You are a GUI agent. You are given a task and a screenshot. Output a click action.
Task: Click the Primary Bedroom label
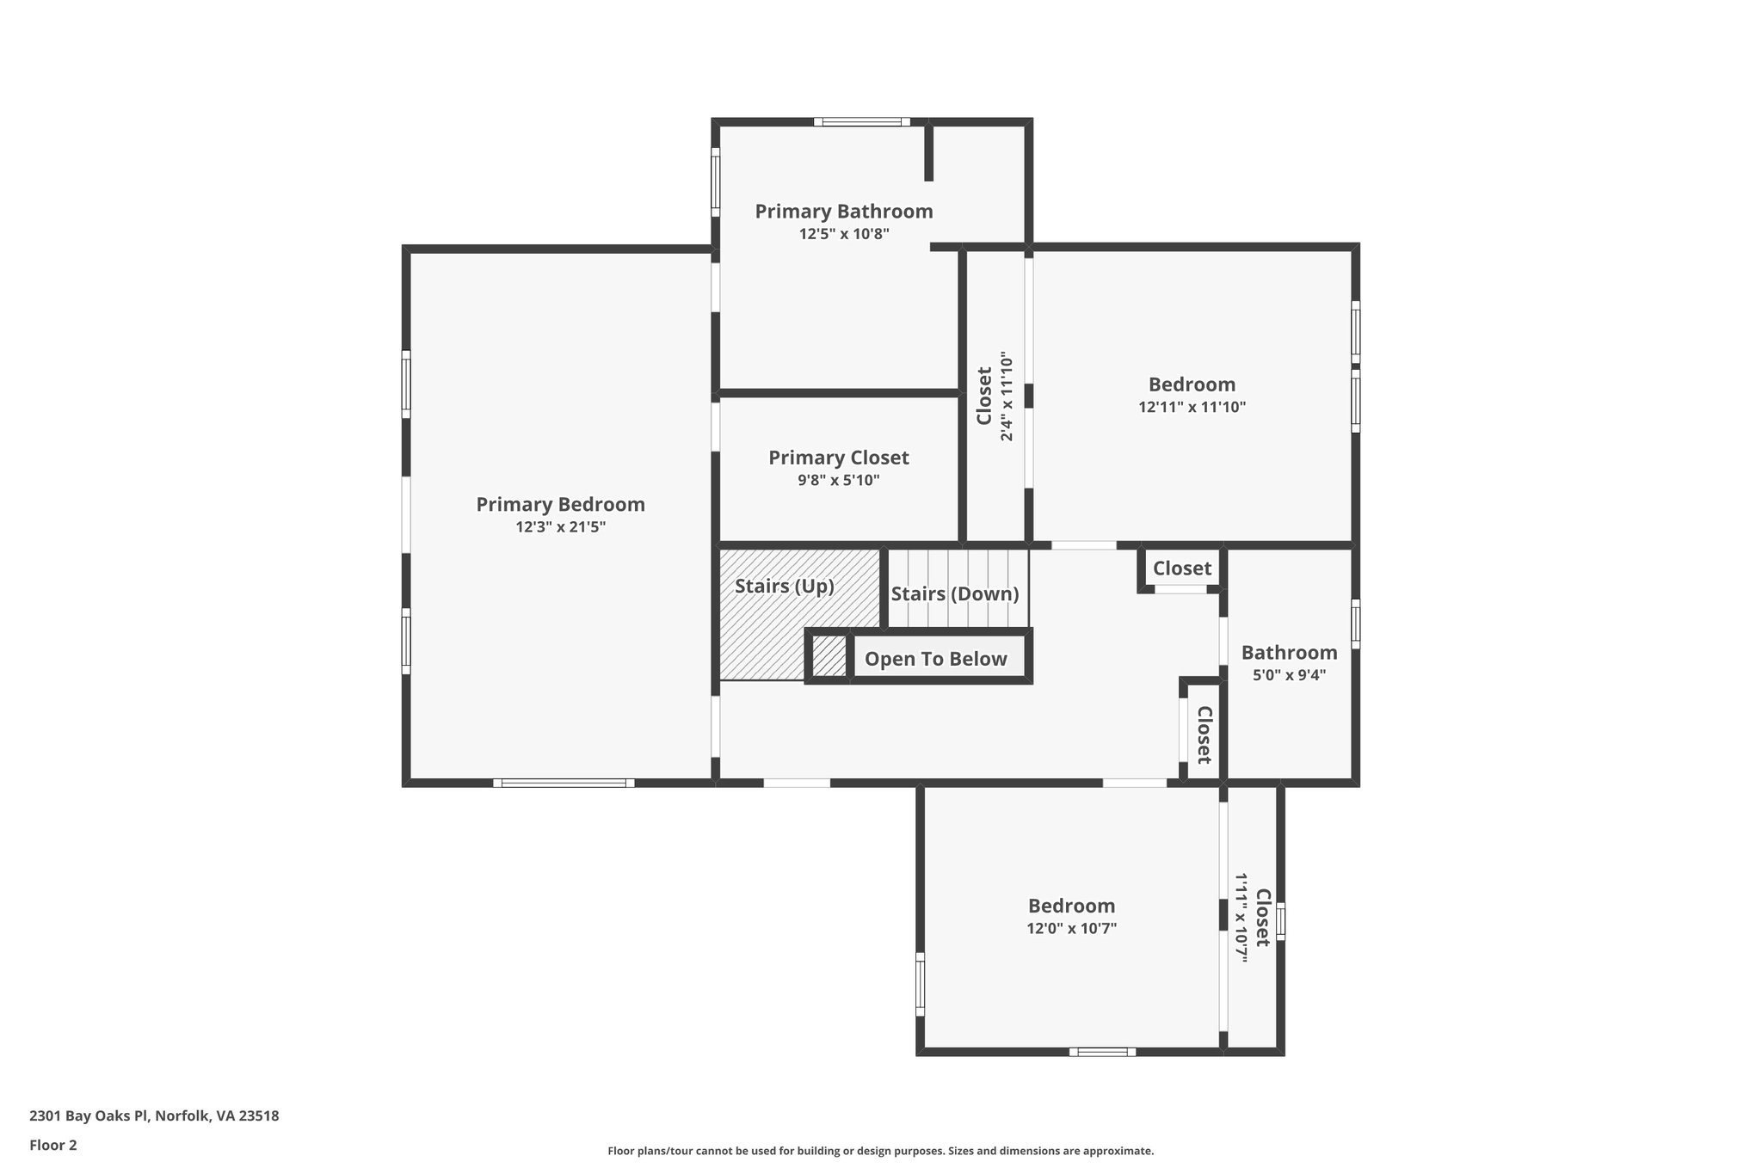coord(560,505)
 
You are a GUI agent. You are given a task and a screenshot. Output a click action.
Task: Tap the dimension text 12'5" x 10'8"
coord(843,233)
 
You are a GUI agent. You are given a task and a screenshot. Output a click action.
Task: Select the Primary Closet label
coord(838,458)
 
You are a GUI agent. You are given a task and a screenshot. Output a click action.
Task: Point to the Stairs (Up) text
coord(784,587)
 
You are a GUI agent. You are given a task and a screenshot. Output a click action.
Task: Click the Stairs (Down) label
coord(954,594)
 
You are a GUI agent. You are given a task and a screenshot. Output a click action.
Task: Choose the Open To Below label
coord(935,659)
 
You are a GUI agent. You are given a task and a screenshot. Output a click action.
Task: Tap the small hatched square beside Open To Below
coord(829,656)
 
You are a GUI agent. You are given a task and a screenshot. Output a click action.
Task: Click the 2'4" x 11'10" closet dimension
coord(1007,396)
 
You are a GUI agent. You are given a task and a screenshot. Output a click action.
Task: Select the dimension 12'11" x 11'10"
coord(1192,407)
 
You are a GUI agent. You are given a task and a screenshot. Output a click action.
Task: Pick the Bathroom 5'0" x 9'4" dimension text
coord(1288,675)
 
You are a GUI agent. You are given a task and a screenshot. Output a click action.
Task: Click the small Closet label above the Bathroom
coord(1181,569)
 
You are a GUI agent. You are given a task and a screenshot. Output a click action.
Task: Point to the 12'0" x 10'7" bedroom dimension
coord(1071,928)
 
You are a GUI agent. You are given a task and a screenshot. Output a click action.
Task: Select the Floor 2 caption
coord(53,1145)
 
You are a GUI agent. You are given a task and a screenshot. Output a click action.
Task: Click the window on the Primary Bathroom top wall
coord(862,122)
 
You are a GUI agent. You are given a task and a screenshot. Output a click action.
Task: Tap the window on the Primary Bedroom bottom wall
coord(564,783)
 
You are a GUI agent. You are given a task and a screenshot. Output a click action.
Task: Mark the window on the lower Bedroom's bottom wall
coord(1102,1051)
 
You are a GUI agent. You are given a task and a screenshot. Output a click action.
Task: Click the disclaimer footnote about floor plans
coord(880,1151)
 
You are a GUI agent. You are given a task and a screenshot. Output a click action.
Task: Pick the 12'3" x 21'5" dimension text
coord(560,527)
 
